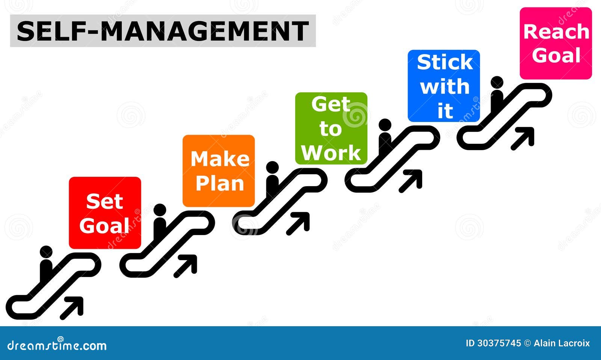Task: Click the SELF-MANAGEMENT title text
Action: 163,31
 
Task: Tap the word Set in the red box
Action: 105,201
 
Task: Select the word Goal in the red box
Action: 104,225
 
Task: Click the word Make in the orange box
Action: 220,159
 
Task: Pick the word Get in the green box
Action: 331,104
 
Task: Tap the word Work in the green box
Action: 331,153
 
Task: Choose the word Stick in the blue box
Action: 445,62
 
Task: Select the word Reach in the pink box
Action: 556,32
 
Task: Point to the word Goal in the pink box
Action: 556,55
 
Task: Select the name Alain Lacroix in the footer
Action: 562,343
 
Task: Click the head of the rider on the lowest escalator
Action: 46,252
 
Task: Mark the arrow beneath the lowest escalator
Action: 71,308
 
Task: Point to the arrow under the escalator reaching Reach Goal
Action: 522,139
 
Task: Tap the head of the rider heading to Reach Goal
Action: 497,82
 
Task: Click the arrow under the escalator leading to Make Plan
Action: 185,266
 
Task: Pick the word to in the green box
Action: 331,129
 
